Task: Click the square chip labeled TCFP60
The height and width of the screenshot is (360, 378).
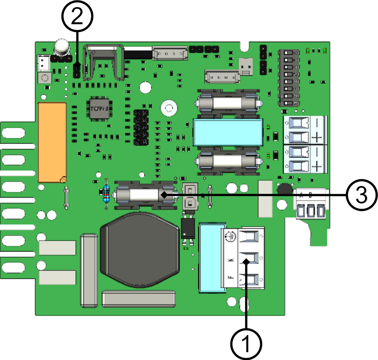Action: [x=99, y=108]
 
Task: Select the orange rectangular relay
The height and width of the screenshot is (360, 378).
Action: [x=52, y=142]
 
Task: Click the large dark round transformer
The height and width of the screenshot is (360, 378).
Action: [x=140, y=249]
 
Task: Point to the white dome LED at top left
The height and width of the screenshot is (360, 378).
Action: [x=61, y=47]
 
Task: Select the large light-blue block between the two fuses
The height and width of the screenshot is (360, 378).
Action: [x=228, y=132]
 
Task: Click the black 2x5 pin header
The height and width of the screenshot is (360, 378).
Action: [x=141, y=127]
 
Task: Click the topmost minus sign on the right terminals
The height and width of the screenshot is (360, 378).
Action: [x=316, y=122]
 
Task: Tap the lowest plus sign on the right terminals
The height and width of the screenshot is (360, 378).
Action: [x=316, y=167]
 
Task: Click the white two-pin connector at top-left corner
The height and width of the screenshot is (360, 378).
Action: [x=44, y=63]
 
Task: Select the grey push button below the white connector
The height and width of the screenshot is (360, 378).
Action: [x=45, y=78]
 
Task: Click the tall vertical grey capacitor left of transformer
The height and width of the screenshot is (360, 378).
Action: [x=89, y=270]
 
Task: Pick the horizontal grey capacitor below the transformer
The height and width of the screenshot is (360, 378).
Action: [x=139, y=299]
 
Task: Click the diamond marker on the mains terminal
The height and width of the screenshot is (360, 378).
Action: [x=246, y=262]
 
